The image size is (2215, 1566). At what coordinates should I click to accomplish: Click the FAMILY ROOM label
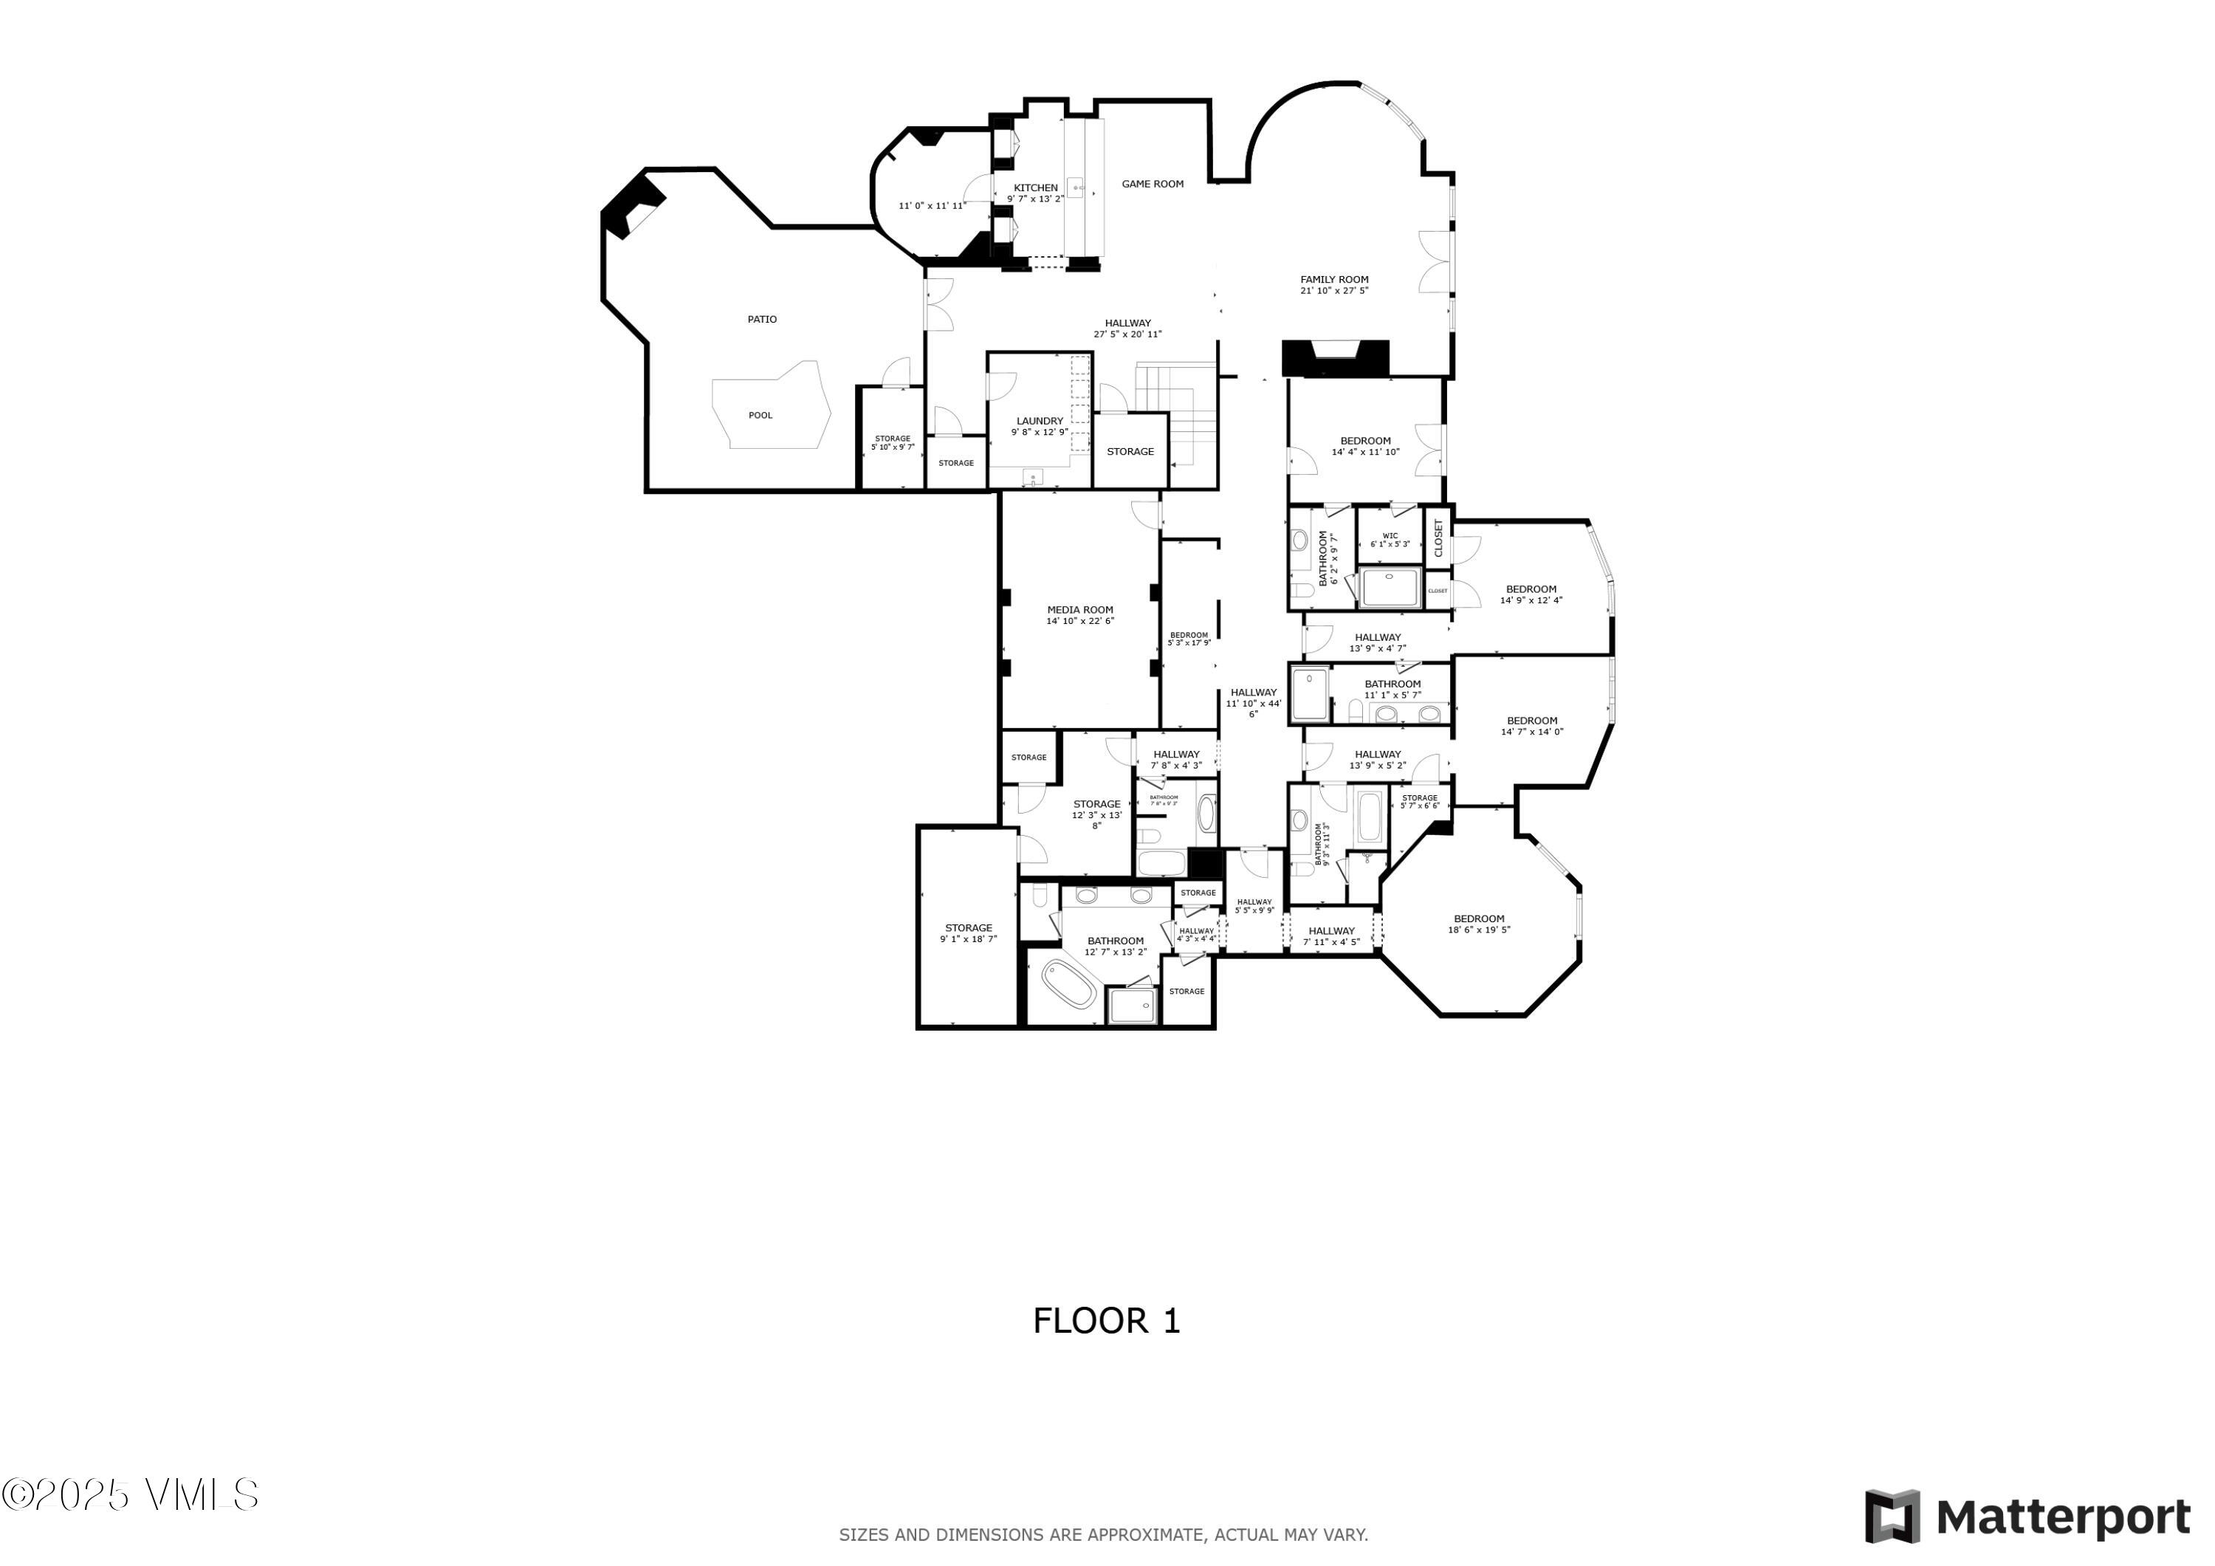(x=1334, y=280)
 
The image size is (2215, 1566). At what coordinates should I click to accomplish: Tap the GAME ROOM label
(x=1152, y=183)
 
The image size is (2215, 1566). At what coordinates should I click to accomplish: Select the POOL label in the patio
(x=760, y=416)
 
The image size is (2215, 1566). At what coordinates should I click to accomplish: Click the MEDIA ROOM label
(x=1079, y=610)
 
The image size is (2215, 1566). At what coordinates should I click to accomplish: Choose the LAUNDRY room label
(x=1039, y=421)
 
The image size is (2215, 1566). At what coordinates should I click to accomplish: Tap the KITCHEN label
(x=1035, y=188)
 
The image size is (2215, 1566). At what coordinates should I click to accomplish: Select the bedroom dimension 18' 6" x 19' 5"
(x=1478, y=930)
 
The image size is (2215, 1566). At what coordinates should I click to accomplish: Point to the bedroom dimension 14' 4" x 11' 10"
(x=1365, y=453)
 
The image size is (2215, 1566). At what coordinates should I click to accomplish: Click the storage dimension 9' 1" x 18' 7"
(x=968, y=939)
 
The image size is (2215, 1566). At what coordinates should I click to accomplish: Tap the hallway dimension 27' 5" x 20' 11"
(x=1127, y=334)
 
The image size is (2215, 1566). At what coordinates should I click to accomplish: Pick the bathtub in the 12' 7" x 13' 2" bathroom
(x=1069, y=985)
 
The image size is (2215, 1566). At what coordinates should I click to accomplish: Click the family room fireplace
(x=1335, y=359)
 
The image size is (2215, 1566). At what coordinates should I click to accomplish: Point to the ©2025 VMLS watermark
(x=130, y=1494)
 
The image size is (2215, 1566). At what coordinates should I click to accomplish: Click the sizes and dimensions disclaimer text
(x=1102, y=1535)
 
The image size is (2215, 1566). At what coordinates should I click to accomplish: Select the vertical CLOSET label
(x=1438, y=538)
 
